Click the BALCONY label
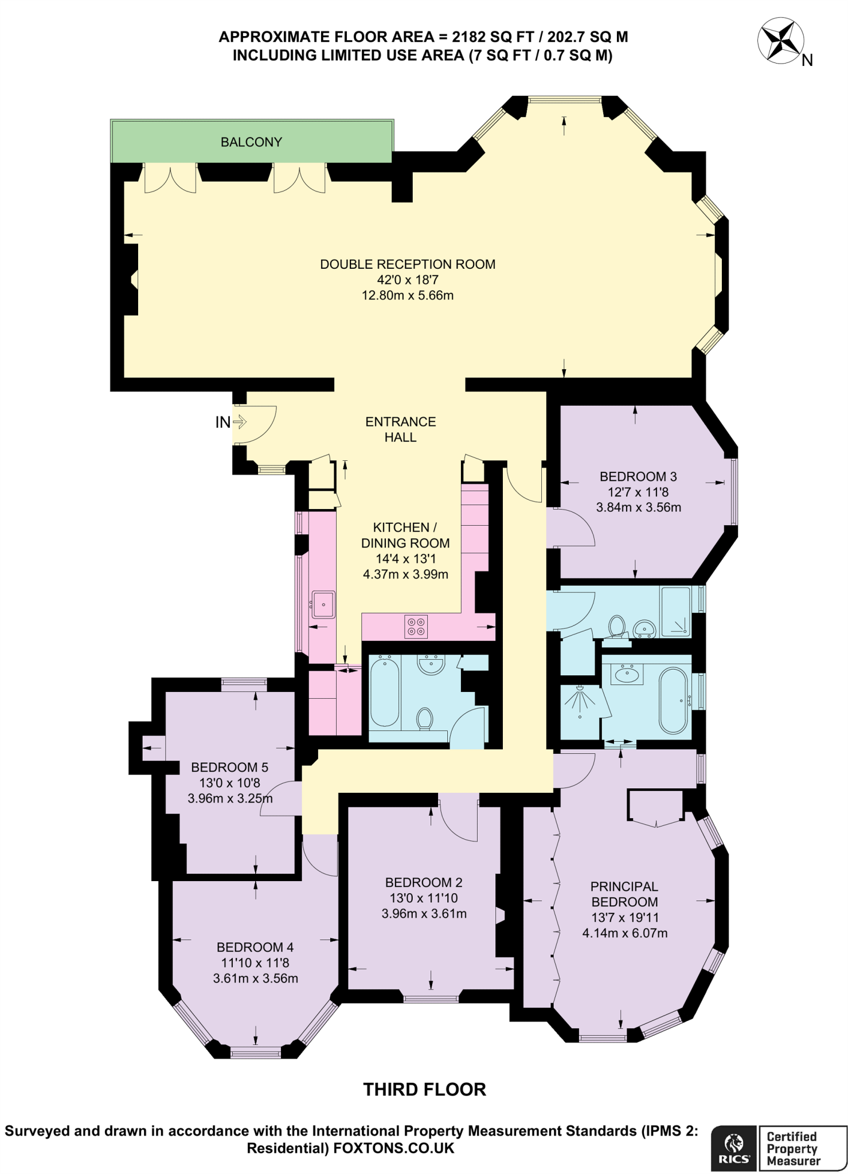251,142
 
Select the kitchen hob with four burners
416,626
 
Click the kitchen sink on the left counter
324,604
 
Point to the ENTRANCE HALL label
400,429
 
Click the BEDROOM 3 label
638,476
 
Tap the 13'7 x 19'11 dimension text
624,917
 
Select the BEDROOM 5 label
229,767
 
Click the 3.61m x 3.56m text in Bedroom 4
255,978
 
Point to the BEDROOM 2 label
424,882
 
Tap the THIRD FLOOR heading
424,1089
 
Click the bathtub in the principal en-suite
673,700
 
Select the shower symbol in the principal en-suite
580,701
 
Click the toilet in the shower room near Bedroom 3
617,626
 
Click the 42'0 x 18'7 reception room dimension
407,280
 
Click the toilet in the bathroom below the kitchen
425,719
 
